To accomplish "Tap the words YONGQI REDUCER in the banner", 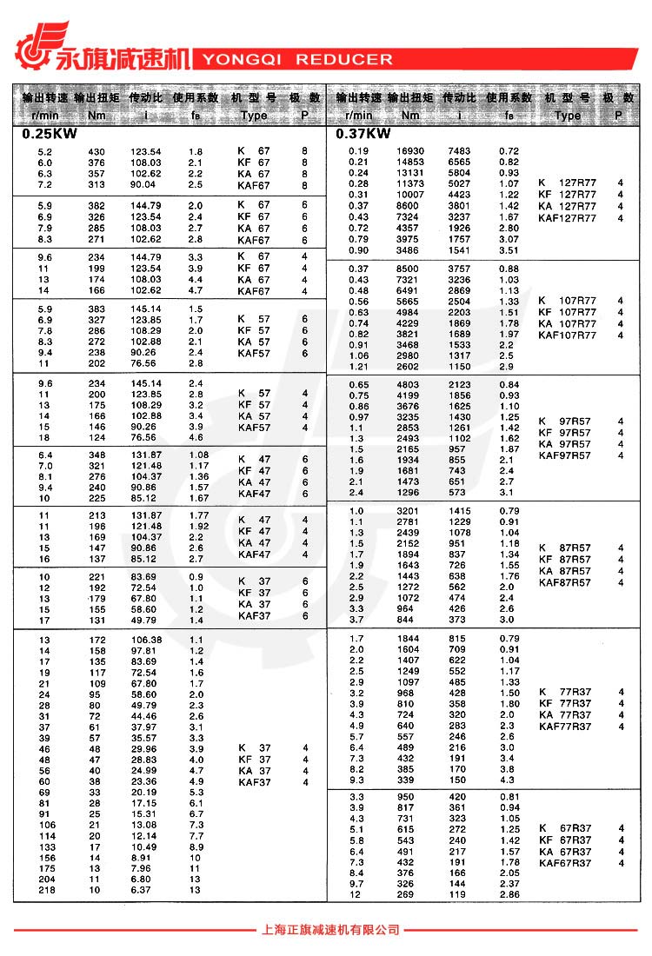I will pos(297,60).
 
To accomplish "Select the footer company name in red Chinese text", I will pos(330,930).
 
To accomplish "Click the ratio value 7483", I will pos(459,151).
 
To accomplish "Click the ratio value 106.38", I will pos(146,640).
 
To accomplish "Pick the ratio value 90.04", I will pos(143,184).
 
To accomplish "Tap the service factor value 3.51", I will pos(509,250).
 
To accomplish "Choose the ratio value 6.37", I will pos(143,890).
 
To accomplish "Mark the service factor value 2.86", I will pos(509,894).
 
